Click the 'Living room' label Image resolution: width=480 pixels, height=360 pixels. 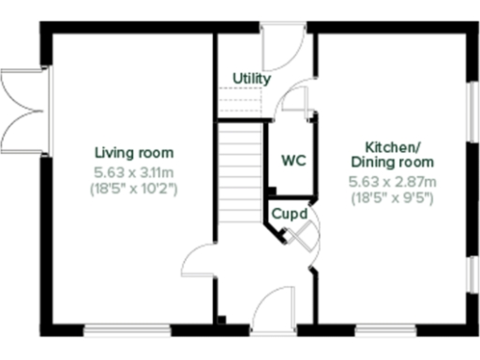click(x=134, y=153)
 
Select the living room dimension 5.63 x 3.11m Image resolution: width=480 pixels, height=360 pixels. click(x=134, y=172)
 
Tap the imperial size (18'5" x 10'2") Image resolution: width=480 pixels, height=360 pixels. click(x=134, y=188)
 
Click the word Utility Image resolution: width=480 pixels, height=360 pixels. click(x=251, y=79)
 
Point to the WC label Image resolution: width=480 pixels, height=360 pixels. click(x=293, y=160)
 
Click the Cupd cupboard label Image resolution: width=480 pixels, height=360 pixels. click(x=289, y=214)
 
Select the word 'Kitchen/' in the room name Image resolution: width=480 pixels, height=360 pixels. click(x=392, y=147)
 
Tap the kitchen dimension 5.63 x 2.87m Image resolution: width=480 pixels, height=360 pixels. click(x=392, y=181)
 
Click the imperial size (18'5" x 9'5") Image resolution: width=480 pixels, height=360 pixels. click(x=392, y=198)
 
